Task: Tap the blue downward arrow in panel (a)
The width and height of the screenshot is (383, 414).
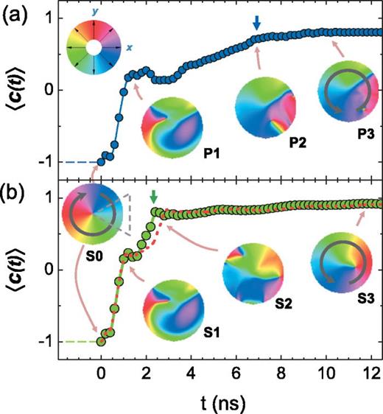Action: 256,24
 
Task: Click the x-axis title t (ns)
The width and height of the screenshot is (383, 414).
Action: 214,401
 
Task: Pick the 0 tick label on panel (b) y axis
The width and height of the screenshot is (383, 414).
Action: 49,270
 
